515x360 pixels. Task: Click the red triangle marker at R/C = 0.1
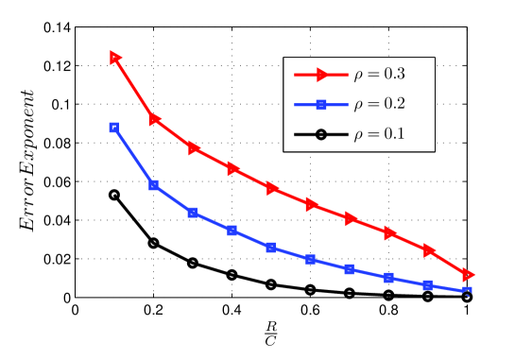pyautogui.click(x=115, y=58)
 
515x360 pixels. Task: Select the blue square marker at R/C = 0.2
pyautogui.click(x=154, y=185)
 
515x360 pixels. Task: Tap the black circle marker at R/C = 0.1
pyautogui.click(x=114, y=195)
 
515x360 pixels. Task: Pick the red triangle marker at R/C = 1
pyautogui.click(x=468, y=274)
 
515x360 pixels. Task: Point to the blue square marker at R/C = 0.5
pyautogui.click(x=271, y=248)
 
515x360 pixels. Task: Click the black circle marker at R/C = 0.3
pyautogui.click(x=193, y=263)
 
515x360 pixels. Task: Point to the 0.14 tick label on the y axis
pyautogui.click(x=56, y=26)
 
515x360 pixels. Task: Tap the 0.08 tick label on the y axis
pyautogui.click(x=56, y=143)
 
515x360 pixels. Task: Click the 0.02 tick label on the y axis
pyautogui.click(x=56, y=259)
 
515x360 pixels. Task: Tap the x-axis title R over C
pyautogui.click(x=271, y=335)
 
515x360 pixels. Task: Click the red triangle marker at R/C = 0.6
pyautogui.click(x=311, y=204)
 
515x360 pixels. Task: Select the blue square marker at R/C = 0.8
pyautogui.click(x=389, y=278)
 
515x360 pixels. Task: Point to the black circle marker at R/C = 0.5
pyautogui.click(x=271, y=284)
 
